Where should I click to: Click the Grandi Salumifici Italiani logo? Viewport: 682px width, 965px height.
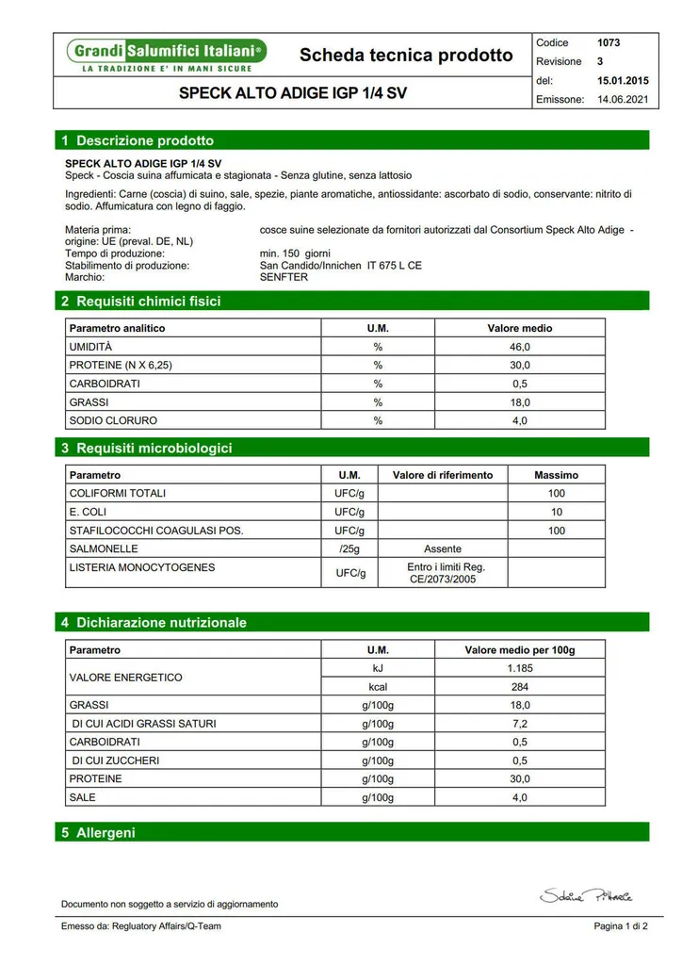coord(166,55)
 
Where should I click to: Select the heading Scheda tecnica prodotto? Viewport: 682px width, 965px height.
coord(406,56)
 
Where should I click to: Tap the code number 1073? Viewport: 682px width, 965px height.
coord(609,42)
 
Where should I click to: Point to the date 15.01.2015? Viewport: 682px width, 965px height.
coord(623,81)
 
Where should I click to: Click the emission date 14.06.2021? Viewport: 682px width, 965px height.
coord(623,99)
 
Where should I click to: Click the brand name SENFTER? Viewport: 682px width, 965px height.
coord(284,278)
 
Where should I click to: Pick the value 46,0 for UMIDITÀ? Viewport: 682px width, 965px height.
coord(520,348)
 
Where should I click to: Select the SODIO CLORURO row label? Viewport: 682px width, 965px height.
coord(113,420)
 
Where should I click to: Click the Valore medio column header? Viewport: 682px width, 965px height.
coord(520,328)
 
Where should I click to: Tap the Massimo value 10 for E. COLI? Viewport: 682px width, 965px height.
coord(557,512)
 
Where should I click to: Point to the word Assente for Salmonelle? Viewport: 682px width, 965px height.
coord(443,548)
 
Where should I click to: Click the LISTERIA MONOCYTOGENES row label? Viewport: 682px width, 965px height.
coord(142,567)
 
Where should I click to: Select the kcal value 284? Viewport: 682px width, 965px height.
coord(520,687)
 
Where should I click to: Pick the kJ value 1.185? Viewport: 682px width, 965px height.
coord(520,668)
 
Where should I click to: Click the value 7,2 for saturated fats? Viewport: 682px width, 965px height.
coord(520,724)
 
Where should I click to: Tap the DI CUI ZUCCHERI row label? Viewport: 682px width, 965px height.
coord(116,761)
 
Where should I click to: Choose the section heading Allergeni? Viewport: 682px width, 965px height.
coord(106,832)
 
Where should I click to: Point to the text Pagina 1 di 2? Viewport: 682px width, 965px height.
coord(621,926)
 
